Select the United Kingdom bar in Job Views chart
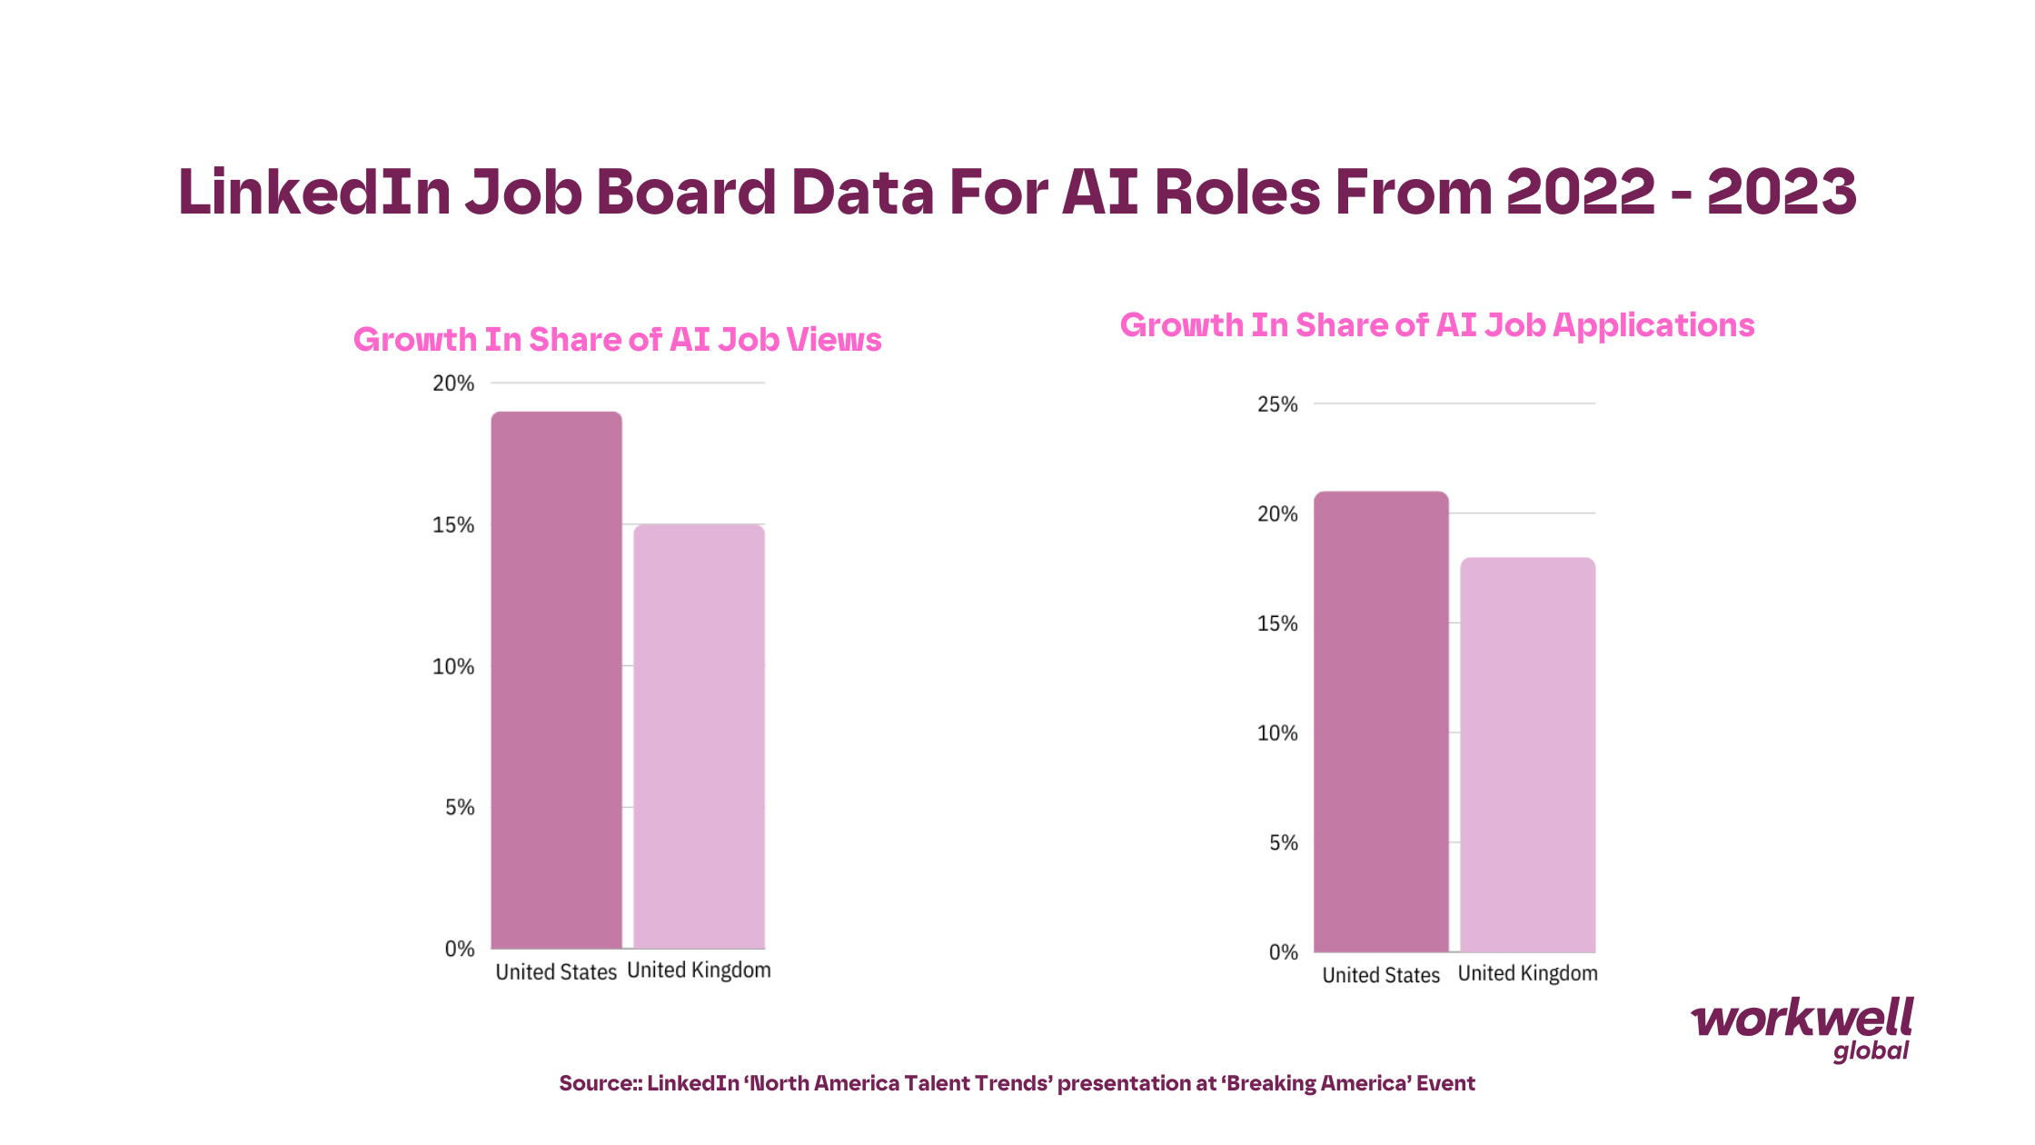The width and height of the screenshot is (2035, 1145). pyautogui.click(x=699, y=736)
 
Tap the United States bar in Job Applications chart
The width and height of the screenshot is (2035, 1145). pyautogui.click(x=1381, y=722)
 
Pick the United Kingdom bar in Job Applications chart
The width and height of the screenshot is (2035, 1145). pyautogui.click(x=1527, y=754)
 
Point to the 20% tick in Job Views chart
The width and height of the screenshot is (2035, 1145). pyautogui.click(x=453, y=383)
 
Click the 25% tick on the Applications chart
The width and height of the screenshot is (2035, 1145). pyautogui.click(x=1277, y=404)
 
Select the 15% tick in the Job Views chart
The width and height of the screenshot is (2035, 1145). pyautogui.click(x=453, y=525)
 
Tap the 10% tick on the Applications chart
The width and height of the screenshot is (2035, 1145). pyautogui.click(x=1277, y=733)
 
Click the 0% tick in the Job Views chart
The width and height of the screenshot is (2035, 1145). pyautogui.click(x=460, y=949)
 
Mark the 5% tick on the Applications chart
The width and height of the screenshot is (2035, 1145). pyautogui.click(x=1283, y=843)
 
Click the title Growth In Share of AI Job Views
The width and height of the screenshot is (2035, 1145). pyautogui.click(x=617, y=340)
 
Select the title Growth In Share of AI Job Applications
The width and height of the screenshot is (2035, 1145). pyautogui.click(x=1436, y=325)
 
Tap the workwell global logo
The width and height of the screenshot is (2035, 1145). pyautogui.click(x=1802, y=1029)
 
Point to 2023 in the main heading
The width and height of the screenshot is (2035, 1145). pyautogui.click(x=1782, y=193)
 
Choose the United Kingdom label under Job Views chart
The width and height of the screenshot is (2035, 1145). pyautogui.click(x=699, y=971)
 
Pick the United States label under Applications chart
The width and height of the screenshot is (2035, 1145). pyautogui.click(x=1381, y=975)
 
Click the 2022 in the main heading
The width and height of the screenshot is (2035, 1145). pyautogui.click(x=1581, y=193)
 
